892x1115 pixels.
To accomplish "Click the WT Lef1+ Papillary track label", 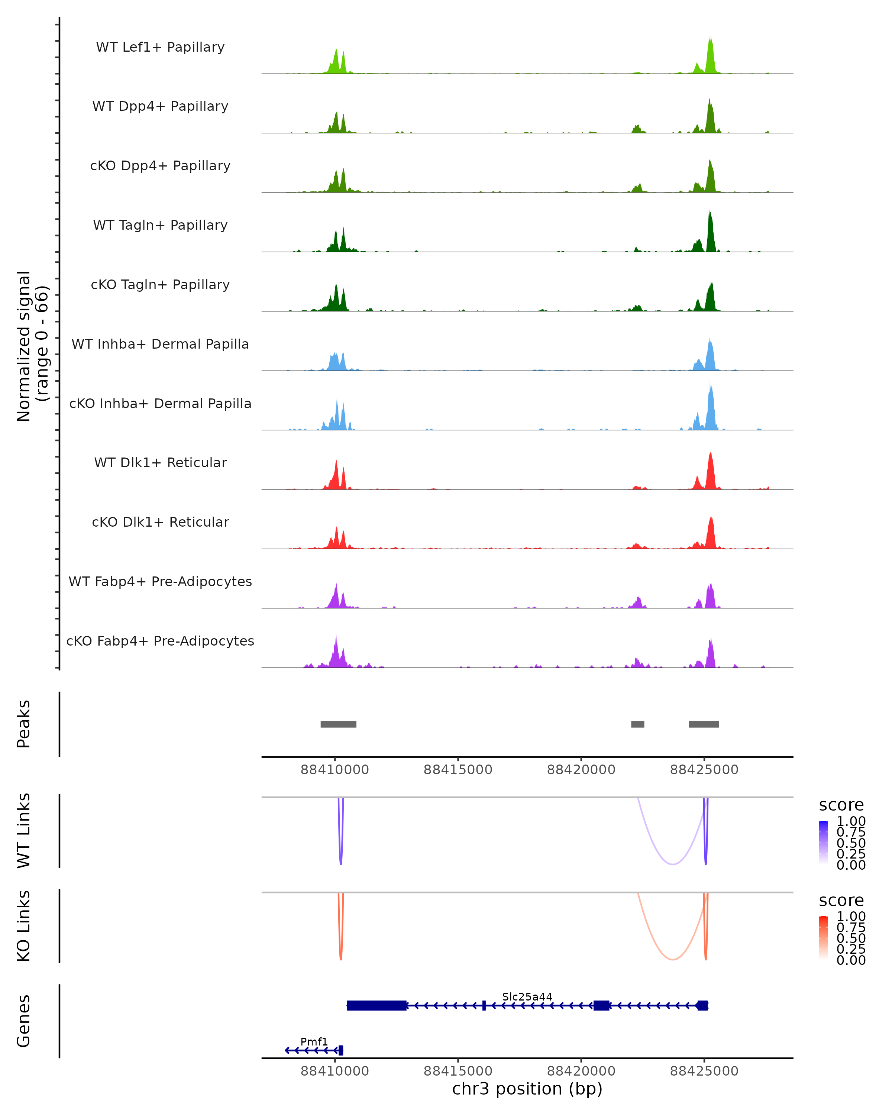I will [160, 47].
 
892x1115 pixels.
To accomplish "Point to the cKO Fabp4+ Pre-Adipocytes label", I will [160, 641].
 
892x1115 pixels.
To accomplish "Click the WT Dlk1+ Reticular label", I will [160, 462].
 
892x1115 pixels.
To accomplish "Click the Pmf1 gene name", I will [314, 1041].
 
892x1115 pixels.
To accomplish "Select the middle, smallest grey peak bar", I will [637, 724].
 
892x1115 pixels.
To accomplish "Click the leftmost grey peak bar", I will [338, 724].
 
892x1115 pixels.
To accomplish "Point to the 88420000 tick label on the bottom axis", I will [581, 1071].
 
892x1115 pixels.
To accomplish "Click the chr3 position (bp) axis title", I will [527, 1089].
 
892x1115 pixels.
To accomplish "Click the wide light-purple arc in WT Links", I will [672, 864].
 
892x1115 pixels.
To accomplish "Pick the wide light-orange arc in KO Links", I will [672, 959].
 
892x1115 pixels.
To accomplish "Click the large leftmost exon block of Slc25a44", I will [376, 1005].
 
